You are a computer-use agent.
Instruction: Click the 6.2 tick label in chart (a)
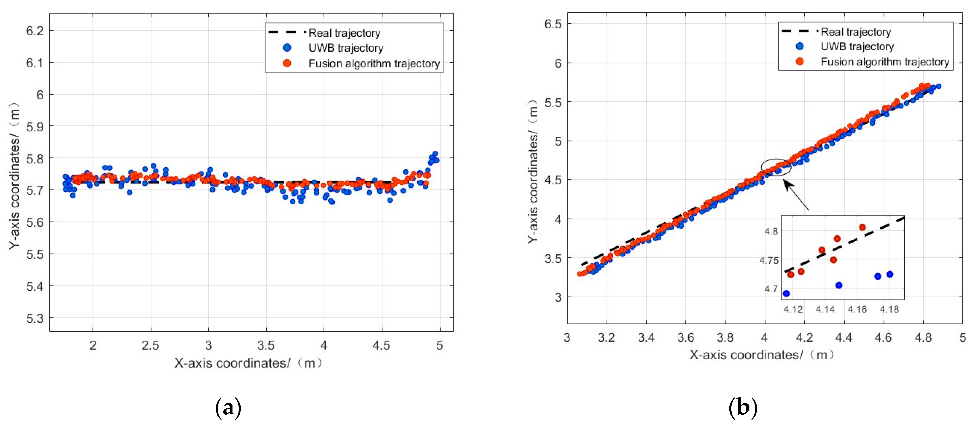[x=35, y=31]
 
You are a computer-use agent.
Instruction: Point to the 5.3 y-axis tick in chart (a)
[x=35, y=318]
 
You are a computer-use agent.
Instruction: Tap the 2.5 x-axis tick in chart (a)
[x=150, y=345]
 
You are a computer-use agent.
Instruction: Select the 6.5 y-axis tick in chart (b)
[x=553, y=24]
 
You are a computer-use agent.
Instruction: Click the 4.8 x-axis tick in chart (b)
[x=923, y=337]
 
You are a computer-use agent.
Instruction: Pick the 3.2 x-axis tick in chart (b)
[x=606, y=337]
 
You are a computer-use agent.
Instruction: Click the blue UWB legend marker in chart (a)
[x=287, y=48]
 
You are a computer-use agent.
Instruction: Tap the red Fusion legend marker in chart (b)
[x=800, y=61]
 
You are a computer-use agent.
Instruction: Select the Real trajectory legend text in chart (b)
[x=856, y=32]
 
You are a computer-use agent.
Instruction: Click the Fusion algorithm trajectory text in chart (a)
[x=374, y=63]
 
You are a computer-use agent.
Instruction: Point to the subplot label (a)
[x=228, y=408]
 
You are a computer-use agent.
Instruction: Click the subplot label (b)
[x=743, y=408]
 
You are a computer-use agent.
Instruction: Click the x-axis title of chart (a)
[x=248, y=363]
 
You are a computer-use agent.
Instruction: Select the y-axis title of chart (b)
[x=533, y=172]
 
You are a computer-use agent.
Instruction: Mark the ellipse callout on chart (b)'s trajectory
[x=776, y=167]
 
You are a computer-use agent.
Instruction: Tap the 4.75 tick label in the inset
[x=769, y=261]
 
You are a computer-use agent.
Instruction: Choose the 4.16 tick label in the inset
[x=857, y=310]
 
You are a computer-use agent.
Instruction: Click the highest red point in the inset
[x=862, y=227]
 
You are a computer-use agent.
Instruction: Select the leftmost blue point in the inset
[x=786, y=293]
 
